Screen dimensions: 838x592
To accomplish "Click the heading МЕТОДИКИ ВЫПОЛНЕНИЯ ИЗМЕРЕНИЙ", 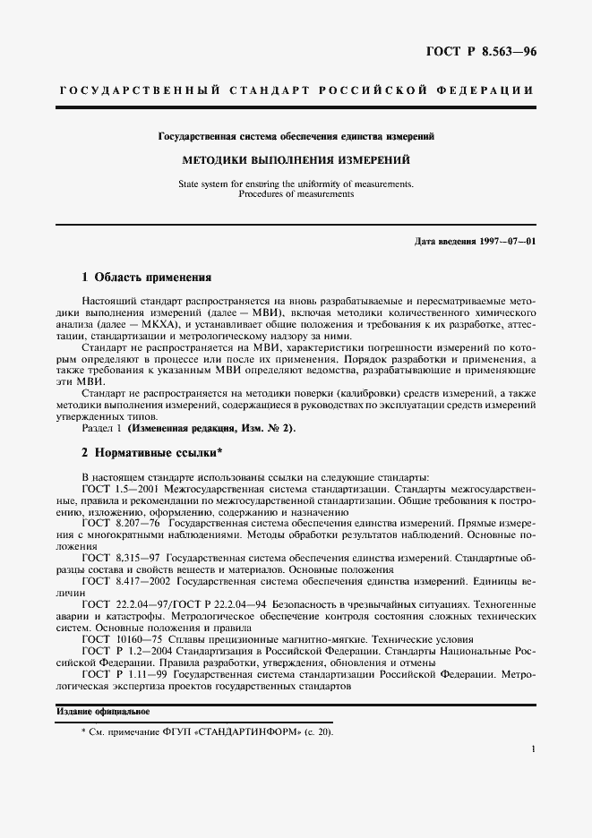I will (x=296, y=160).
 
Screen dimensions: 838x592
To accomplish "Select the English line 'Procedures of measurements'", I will (x=296, y=193).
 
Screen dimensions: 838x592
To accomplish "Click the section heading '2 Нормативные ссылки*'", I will (x=151, y=451).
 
